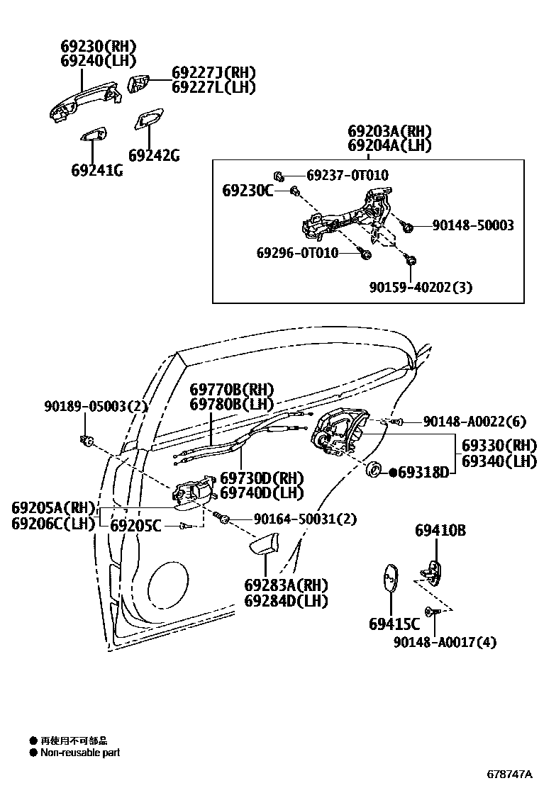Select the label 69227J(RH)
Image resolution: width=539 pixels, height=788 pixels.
click(213, 72)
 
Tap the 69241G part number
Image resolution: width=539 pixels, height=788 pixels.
click(96, 171)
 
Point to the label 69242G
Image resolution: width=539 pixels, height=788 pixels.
click(154, 155)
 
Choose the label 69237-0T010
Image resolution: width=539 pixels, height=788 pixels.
click(348, 175)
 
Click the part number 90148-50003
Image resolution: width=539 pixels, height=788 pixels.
click(473, 225)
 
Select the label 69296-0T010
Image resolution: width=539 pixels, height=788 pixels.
click(297, 253)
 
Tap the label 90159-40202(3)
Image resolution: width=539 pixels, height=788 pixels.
click(421, 287)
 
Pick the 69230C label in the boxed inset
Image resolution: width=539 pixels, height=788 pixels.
click(248, 190)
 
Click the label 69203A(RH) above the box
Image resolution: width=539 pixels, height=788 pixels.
click(389, 132)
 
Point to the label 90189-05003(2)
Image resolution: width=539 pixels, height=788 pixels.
click(95, 406)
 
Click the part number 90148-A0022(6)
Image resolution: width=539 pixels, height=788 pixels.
click(474, 422)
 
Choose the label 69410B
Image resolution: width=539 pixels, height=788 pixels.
click(440, 530)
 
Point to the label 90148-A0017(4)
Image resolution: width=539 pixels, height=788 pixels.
click(445, 642)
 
